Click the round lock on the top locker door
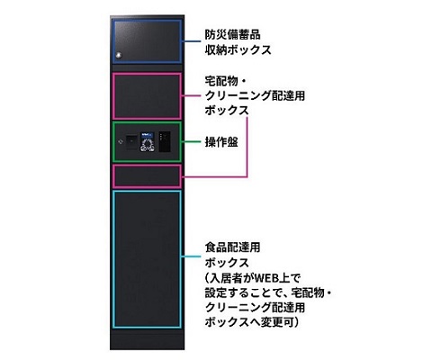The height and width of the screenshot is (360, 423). (119, 55)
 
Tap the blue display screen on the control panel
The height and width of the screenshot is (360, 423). (147, 134)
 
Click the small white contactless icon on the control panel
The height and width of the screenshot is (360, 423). (121, 140)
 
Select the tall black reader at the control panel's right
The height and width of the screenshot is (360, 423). (165, 141)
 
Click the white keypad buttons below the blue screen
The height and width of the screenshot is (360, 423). (148, 144)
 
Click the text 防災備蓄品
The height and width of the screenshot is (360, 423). (232, 34)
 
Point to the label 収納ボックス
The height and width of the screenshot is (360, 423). (238, 49)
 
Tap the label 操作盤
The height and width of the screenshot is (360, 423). (221, 142)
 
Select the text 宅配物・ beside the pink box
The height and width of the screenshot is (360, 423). (226, 81)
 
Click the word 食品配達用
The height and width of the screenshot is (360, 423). (232, 247)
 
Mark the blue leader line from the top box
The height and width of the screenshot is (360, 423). (192, 41)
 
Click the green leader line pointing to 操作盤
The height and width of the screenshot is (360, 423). (192, 141)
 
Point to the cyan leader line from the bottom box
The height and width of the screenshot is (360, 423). (192, 256)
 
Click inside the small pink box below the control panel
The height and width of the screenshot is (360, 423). (147, 176)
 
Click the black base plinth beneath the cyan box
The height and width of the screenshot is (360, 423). (147, 339)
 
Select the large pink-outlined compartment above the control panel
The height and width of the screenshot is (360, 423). (147, 96)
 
